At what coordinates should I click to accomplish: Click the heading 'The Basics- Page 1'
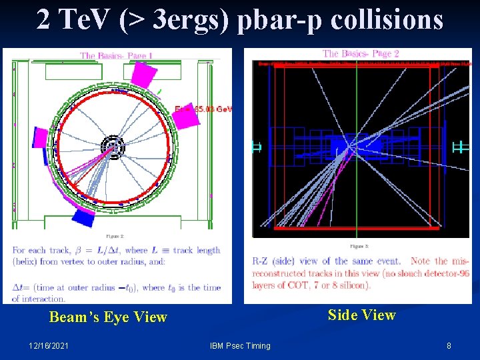(117, 56)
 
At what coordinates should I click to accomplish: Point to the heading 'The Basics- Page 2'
(361, 53)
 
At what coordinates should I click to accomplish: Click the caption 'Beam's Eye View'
(108, 317)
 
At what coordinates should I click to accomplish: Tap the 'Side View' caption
(362, 315)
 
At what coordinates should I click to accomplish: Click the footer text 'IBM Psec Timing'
(240, 345)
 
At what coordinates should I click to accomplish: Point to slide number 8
(449, 345)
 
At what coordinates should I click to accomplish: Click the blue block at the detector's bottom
(84, 217)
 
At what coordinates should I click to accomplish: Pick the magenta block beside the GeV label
(186, 117)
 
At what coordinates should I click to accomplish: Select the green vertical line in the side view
(357, 147)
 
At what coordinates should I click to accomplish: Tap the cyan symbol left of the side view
(255, 147)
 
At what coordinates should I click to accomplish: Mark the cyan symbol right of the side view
(459, 147)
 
